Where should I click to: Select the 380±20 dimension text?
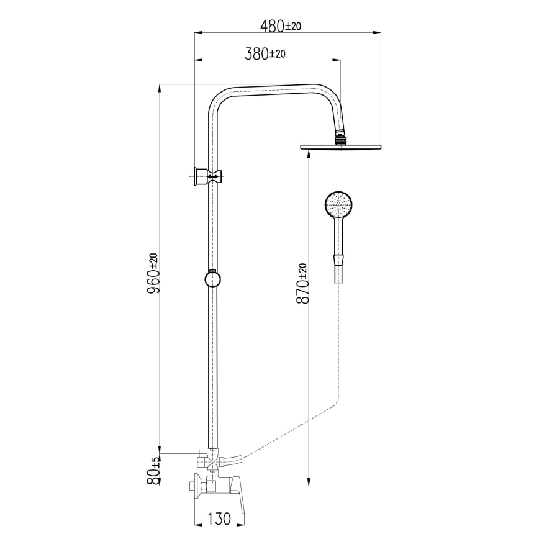(265, 54)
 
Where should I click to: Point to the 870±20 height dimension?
(302, 283)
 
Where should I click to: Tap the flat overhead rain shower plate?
(340, 147)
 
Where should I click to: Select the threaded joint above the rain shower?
(339, 140)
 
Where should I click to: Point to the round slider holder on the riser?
(212, 279)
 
